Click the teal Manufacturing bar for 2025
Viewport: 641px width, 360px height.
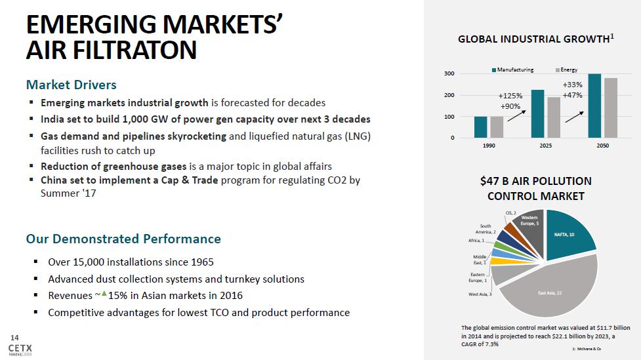click(537, 113)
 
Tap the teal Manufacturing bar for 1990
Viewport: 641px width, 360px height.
click(481, 127)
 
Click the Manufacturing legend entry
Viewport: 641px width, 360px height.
click(512, 70)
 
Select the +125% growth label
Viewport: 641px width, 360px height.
click(510, 96)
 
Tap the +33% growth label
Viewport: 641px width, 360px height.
click(572, 85)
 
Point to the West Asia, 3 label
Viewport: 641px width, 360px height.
click(480, 294)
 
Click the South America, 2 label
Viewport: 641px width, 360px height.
click(485, 229)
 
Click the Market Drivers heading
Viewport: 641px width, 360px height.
click(71, 85)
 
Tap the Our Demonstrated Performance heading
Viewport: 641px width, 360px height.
click(123, 239)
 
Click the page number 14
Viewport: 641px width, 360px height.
click(14, 336)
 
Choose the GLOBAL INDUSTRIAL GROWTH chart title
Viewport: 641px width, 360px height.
click(535, 39)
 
